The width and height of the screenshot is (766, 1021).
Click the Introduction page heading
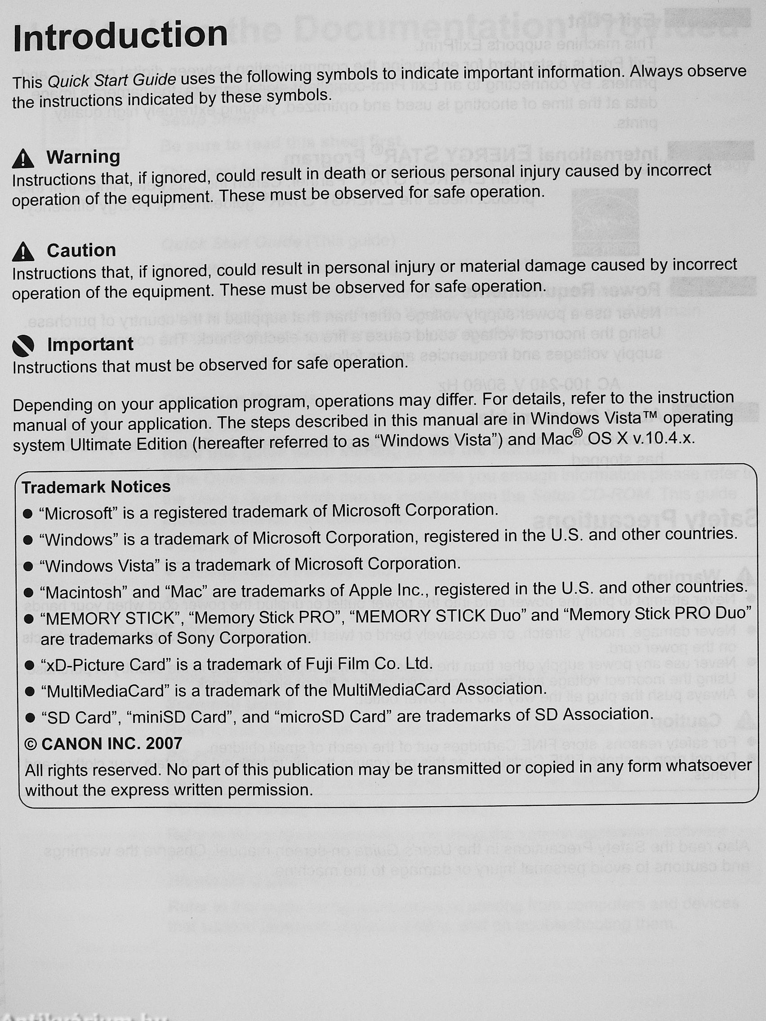120,36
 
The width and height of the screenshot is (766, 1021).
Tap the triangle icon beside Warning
23,159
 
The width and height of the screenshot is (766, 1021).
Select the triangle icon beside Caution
23,253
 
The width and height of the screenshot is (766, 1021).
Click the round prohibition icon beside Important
23,346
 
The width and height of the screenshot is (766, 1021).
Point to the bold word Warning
83,157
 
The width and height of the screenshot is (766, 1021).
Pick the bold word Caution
81,251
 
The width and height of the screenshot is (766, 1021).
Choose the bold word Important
90,344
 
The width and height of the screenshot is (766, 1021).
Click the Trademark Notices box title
96,487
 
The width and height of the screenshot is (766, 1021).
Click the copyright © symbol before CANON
31,744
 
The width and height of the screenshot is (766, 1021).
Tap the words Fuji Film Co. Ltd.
370,664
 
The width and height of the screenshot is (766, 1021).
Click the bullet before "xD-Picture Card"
29,665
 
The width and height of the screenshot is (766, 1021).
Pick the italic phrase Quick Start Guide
112,81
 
